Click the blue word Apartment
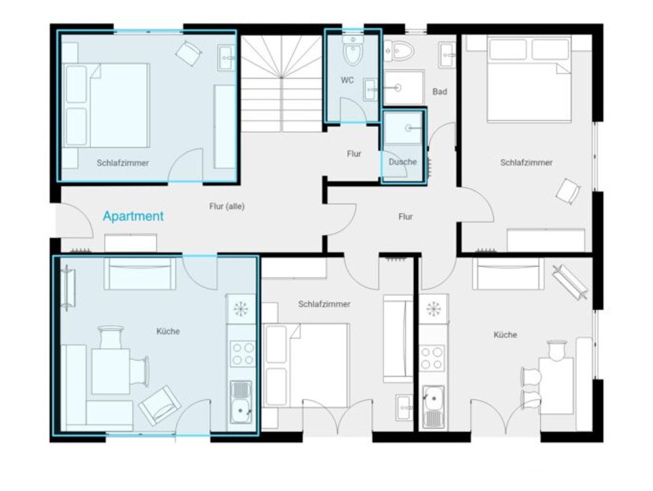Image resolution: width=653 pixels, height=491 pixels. tap(133, 216)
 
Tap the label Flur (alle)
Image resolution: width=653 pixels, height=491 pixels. tap(227, 206)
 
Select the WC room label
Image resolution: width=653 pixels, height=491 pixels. tap(347, 80)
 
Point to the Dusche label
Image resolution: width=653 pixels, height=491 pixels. tap(403, 162)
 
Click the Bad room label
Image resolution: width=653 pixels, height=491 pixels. tap(440, 92)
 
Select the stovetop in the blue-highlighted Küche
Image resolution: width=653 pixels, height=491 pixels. tap(243, 354)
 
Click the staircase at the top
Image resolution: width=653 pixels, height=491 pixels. tap(281, 83)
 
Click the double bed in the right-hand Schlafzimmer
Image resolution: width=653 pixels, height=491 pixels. tap(529, 79)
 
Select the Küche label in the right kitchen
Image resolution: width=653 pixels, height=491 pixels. tap(505, 335)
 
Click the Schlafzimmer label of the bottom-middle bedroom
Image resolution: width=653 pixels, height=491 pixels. tap(324, 304)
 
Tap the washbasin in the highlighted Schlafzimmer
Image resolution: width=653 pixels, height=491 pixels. tap(227, 58)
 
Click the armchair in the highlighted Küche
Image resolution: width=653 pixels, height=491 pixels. tap(159, 405)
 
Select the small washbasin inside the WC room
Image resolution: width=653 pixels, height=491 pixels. tap(370, 90)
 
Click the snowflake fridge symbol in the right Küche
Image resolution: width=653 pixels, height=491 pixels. tap(433, 309)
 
